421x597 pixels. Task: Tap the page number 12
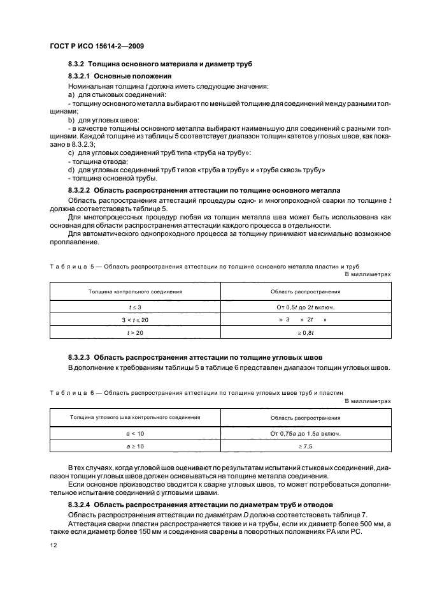point(52,546)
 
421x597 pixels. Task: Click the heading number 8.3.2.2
point(80,190)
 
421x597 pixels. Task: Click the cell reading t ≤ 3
point(135,307)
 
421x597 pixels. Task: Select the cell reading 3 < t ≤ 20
point(135,319)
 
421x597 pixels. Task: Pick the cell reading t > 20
point(135,332)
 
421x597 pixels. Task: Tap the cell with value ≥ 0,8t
point(306,332)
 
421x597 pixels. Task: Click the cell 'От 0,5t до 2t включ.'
point(306,307)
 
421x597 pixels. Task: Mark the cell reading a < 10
point(135,433)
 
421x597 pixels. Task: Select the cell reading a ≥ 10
point(135,446)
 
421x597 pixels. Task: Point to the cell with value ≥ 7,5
point(306,446)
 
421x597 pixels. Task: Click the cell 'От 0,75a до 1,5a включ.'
point(306,433)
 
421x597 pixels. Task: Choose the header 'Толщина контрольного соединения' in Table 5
point(135,291)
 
